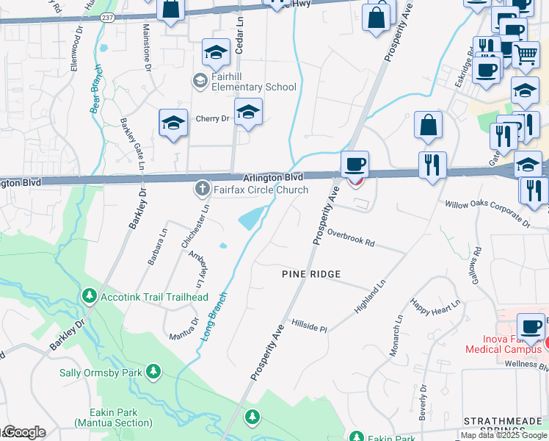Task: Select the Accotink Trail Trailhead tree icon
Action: (90, 296)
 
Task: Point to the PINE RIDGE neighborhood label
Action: (312, 274)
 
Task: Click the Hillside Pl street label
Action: (309, 325)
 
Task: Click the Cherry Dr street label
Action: (212, 118)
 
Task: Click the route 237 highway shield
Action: (108, 18)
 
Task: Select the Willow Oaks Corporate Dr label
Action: (486, 211)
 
